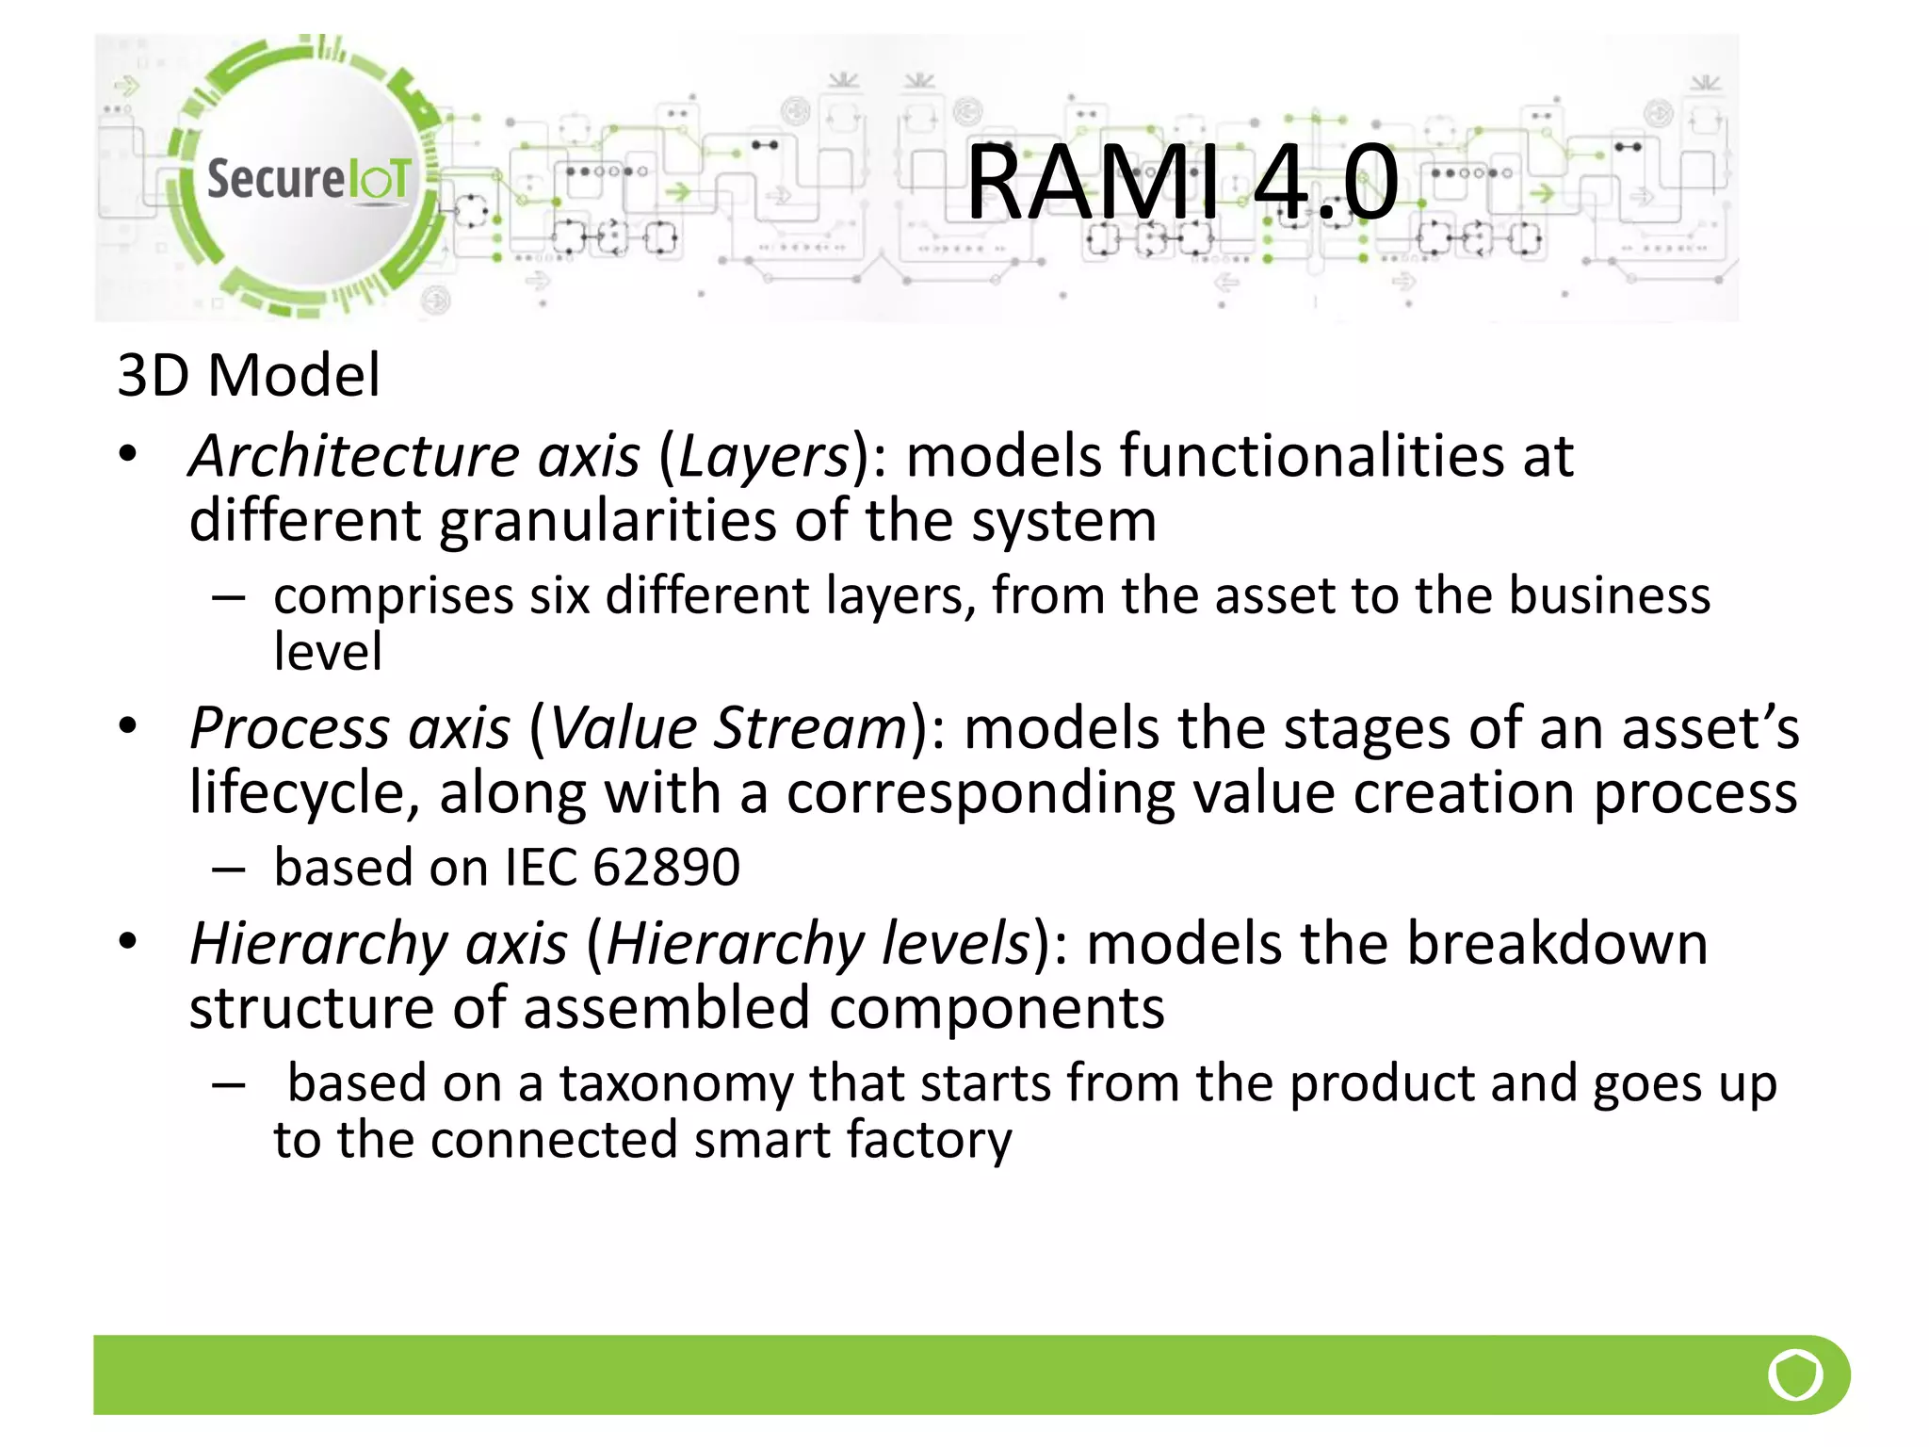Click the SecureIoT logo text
[x=308, y=179]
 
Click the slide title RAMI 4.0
[x=1183, y=182]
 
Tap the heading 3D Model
[x=249, y=375]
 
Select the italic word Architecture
[x=353, y=457]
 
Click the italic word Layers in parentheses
[x=764, y=457]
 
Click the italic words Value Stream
[x=727, y=728]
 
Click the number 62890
[x=666, y=867]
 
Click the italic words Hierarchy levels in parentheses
[x=818, y=943]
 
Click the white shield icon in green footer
[x=1795, y=1375]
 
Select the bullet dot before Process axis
[x=128, y=726]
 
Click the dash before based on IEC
[x=229, y=869]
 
